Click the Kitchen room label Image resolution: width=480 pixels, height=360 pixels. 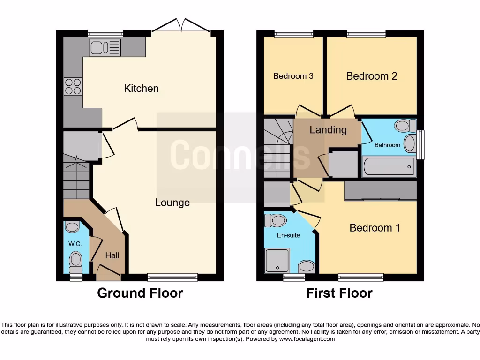coord(141,88)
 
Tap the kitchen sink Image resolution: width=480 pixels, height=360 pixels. coord(105,47)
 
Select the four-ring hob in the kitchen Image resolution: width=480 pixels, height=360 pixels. coord(73,87)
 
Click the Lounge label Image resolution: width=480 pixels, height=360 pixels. coord(172,202)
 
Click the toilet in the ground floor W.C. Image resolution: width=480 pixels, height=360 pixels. coord(75,261)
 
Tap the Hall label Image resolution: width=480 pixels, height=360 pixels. coord(112,255)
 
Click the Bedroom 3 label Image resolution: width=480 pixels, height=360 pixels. coord(293,76)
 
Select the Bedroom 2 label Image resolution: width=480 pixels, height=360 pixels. coord(372,76)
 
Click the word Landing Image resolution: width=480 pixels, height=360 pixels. coord(328,130)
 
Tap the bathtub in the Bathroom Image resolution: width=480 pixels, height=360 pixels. coord(388,166)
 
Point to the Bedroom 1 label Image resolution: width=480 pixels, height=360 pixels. coord(375,228)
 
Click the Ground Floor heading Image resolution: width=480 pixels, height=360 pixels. coord(140,293)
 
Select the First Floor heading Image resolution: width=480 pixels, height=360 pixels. coord(339,293)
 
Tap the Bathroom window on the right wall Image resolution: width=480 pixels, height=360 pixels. coord(420,144)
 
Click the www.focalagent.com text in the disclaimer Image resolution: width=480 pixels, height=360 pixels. coord(307,339)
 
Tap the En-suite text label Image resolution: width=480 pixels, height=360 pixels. coord(288,235)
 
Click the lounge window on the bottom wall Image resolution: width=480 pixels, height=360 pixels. coord(172,277)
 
